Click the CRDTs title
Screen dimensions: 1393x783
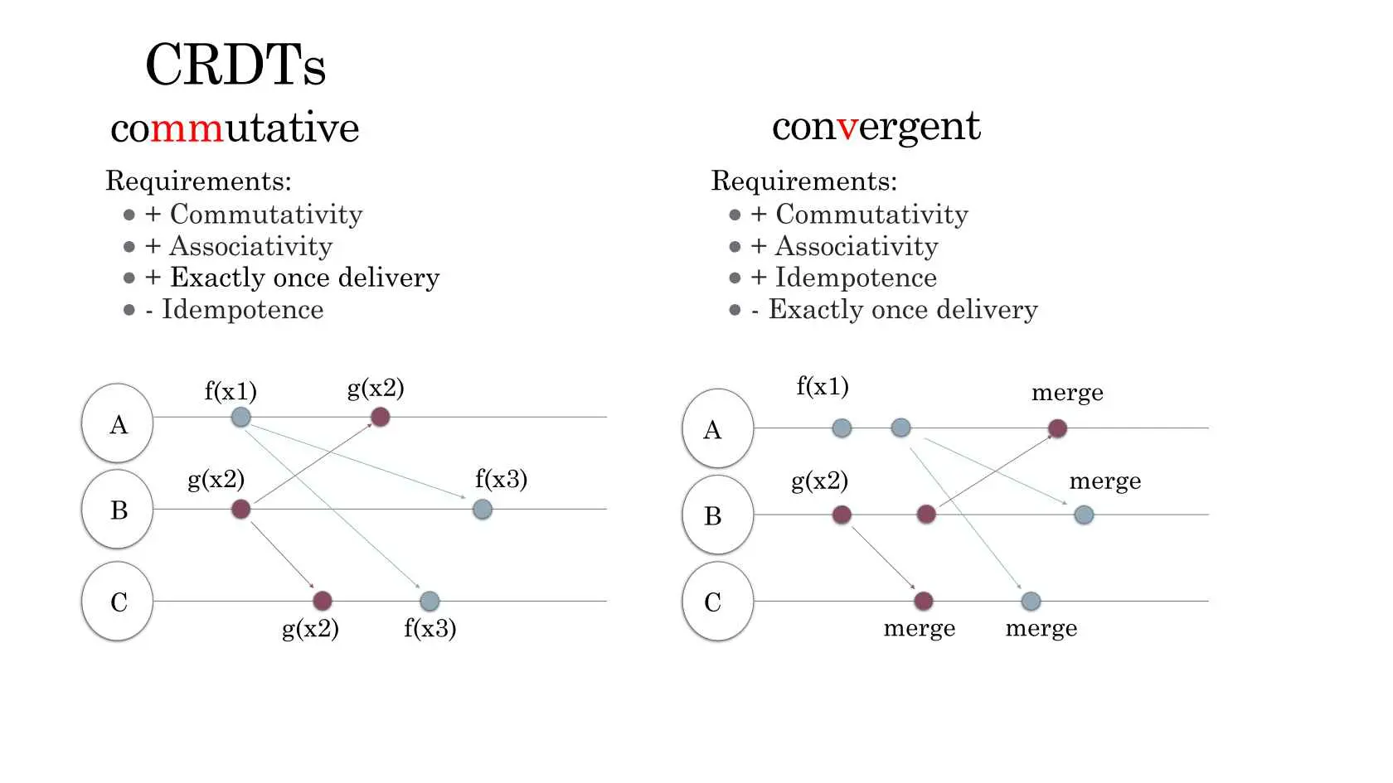(235, 65)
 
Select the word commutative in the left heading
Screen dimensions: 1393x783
(235, 128)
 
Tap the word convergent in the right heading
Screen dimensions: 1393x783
(876, 127)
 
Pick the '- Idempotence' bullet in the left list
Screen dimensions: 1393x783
(235, 309)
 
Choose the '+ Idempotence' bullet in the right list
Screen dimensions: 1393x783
(843, 277)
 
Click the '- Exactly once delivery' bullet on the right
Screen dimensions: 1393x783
(894, 309)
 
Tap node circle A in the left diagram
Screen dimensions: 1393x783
(118, 423)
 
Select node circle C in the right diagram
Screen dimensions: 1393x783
(718, 601)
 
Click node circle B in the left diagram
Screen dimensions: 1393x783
(118, 509)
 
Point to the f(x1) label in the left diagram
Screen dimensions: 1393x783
(231, 391)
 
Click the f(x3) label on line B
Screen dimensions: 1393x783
(501, 479)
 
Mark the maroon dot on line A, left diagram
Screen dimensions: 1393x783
(380, 417)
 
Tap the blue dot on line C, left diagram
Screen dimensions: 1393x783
(430, 601)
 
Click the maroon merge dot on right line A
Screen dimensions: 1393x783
(1057, 428)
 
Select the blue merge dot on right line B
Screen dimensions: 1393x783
(1084, 515)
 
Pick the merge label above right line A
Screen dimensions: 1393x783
(1067, 393)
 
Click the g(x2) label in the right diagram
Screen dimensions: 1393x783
(819, 481)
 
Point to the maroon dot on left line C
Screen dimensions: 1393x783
(322, 601)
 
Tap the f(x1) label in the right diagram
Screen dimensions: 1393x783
(823, 386)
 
